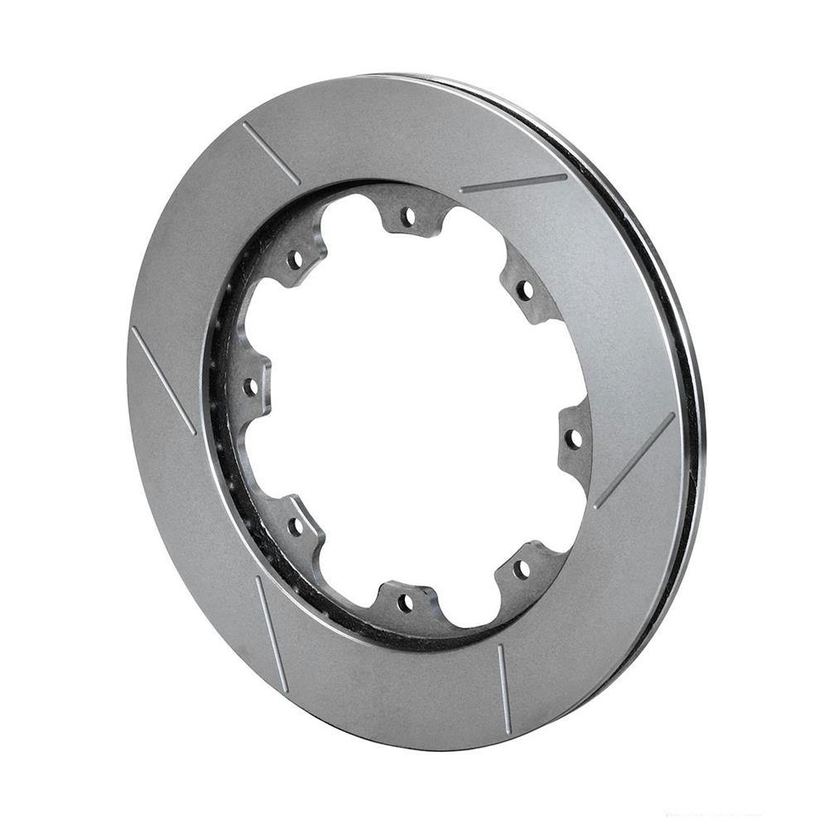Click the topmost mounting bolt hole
(407, 217)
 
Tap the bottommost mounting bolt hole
(405, 602)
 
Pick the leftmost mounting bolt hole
(248, 386)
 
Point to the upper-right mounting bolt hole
(524, 290)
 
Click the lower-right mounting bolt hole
(521, 570)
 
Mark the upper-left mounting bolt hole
(295, 260)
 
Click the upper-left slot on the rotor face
(272, 153)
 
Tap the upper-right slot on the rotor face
(513, 183)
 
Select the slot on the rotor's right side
(634, 460)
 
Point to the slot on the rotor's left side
(163, 380)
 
